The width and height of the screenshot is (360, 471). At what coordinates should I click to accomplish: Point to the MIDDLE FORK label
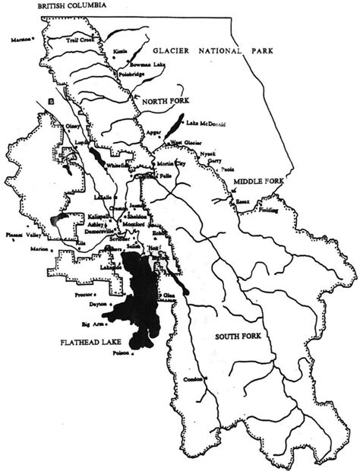tap(257, 182)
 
